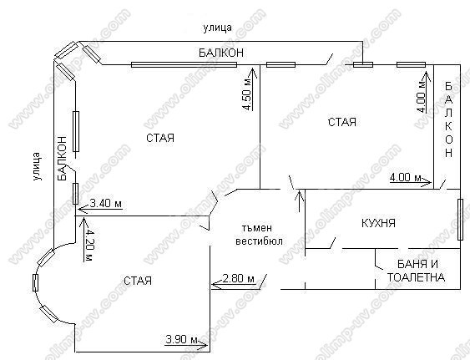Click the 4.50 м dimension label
tap(247, 94)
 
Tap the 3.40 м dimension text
tap(106, 204)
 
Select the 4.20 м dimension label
tap(88, 245)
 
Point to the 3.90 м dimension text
tap(182, 339)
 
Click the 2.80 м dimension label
tap(238, 279)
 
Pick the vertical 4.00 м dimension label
tap(422, 97)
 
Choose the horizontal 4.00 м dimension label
tap(405, 177)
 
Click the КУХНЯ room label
tap(378, 223)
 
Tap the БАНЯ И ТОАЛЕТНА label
tap(417, 271)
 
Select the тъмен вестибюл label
tap(259, 235)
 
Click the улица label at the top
tap(218, 28)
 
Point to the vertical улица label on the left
tap(37, 166)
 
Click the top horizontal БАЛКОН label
tap(221, 53)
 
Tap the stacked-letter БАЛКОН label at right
tap(449, 119)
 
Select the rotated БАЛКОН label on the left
tap(62, 159)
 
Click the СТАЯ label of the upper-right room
tap(342, 122)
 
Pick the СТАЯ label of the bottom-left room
tap(138, 281)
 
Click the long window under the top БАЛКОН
tap(184, 64)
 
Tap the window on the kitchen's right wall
tap(460, 220)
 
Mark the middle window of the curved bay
tap(35, 282)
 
